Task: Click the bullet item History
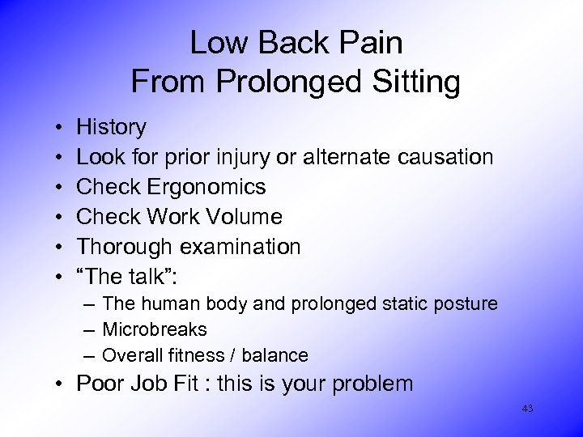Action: click(111, 127)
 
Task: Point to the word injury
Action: click(236, 157)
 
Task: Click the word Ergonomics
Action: click(207, 187)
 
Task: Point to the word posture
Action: click(466, 304)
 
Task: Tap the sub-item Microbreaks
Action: click(155, 330)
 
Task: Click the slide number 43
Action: click(527, 409)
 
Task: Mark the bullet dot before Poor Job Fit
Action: click(62, 384)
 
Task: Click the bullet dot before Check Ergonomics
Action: click(62, 187)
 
